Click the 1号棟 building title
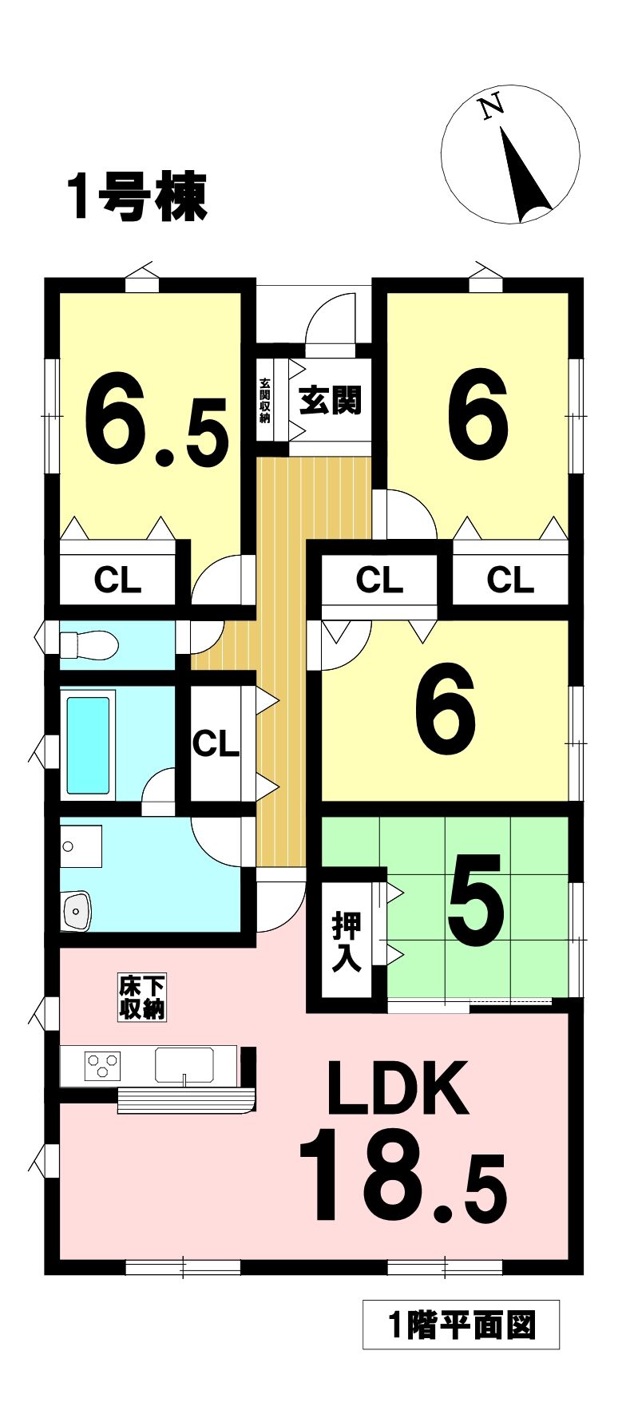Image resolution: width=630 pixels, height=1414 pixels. (137, 197)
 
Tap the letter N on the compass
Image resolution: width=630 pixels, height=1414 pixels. (490, 107)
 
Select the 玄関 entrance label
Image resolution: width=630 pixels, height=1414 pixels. (330, 400)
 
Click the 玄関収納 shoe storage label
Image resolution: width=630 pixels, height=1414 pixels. (264, 399)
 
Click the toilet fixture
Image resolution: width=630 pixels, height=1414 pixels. (89, 644)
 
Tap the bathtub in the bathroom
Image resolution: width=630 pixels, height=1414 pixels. (88, 745)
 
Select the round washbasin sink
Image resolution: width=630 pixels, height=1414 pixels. (77, 909)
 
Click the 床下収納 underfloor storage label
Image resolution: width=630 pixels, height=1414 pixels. (142, 997)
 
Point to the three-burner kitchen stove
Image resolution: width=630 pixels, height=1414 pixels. (103, 1066)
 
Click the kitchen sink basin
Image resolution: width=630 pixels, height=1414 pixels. (184, 1066)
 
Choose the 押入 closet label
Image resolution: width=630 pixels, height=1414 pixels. (347, 941)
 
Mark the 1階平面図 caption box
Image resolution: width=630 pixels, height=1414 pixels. (461, 1325)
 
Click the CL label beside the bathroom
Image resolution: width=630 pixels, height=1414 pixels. (216, 744)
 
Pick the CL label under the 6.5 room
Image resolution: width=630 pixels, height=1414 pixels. (117, 580)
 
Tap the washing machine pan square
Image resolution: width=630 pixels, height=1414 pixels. (81, 846)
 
